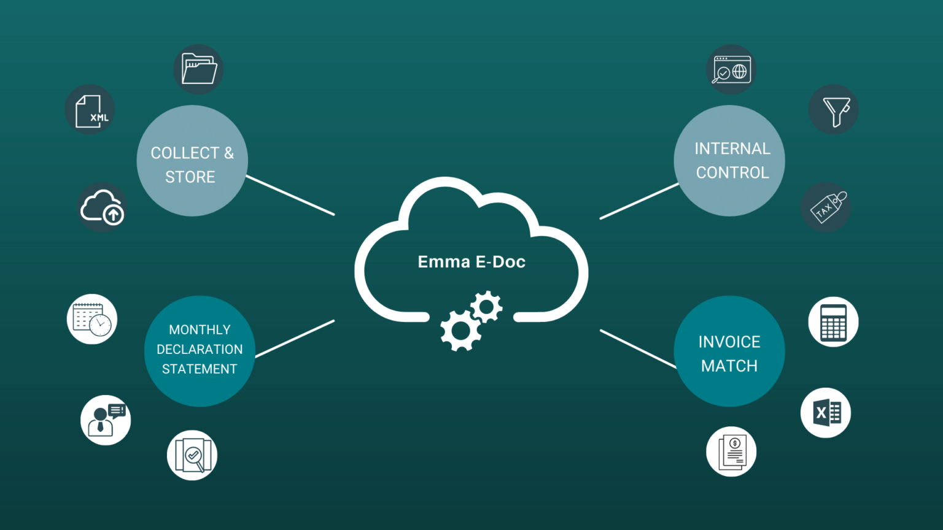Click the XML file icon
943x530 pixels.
click(90, 110)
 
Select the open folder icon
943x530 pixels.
click(198, 69)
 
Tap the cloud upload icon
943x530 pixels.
click(102, 207)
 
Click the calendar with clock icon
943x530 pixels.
click(92, 319)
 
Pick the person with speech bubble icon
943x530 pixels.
click(106, 420)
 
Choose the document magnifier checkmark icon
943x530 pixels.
click(192, 455)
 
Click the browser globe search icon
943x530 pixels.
click(731, 69)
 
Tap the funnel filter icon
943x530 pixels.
click(834, 110)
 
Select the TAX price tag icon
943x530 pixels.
click(826, 207)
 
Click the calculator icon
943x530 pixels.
click(833, 322)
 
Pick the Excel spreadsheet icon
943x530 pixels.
click(826, 413)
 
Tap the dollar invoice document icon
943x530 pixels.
click(731, 452)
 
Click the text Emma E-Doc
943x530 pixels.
click(471, 262)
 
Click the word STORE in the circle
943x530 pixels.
click(190, 177)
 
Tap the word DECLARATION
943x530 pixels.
click(200, 350)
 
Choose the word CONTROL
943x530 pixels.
click(732, 173)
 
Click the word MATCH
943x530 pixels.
click(729, 366)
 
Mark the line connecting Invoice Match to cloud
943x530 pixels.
click(638, 349)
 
